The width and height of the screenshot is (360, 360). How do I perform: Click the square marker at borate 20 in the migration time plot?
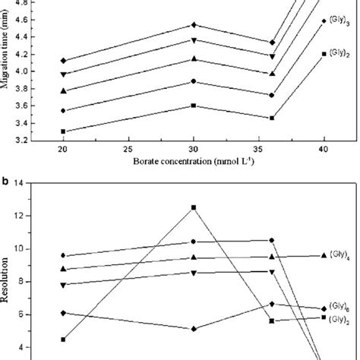(64, 131)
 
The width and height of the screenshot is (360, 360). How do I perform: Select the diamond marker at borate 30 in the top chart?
(194, 25)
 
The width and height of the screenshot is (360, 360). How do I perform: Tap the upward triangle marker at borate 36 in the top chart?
(272, 74)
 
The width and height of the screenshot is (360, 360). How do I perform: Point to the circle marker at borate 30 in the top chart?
(194, 81)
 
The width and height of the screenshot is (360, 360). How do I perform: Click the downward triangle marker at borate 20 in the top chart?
(64, 74)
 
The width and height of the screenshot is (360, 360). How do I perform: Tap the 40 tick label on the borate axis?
(324, 150)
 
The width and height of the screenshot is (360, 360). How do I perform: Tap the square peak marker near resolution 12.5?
(194, 207)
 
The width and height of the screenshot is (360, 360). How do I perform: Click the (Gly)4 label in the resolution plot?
(339, 255)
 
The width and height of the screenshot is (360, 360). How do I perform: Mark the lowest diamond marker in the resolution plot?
(194, 329)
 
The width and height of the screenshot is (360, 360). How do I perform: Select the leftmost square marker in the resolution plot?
(64, 339)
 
